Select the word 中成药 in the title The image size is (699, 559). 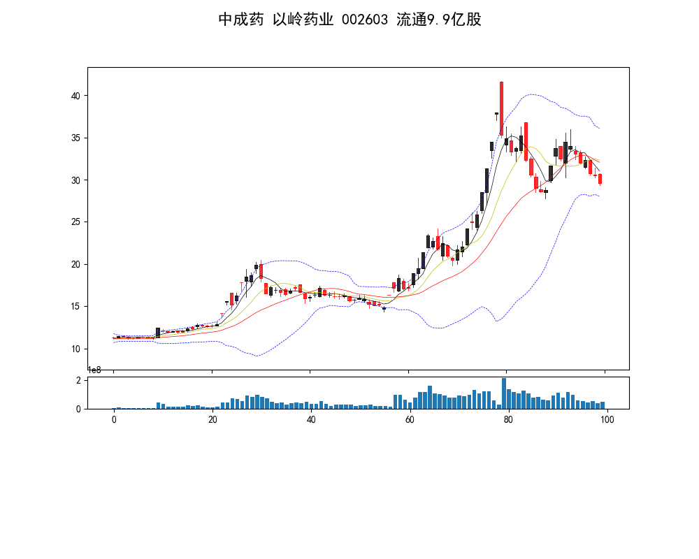tap(241, 20)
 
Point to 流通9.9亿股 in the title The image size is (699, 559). tap(439, 20)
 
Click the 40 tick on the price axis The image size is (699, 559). tap(78, 96)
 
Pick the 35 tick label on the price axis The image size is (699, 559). tap(78, 138)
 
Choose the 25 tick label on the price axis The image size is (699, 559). tap(78, 222)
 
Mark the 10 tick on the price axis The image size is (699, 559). tap(78, 349)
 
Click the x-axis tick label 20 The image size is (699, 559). tap(212, 420)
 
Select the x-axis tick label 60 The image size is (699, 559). tap(410, 420)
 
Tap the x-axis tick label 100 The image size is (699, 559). tap(607, 420)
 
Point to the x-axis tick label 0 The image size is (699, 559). tap(114, 420)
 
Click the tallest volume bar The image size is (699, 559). tap(503, 393)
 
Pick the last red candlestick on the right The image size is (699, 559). tap(600, 179)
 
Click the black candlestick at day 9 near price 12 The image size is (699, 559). tap(158, 333)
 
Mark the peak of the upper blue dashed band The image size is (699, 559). tap(533, 94)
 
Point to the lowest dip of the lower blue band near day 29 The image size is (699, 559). tap(257, 356)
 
